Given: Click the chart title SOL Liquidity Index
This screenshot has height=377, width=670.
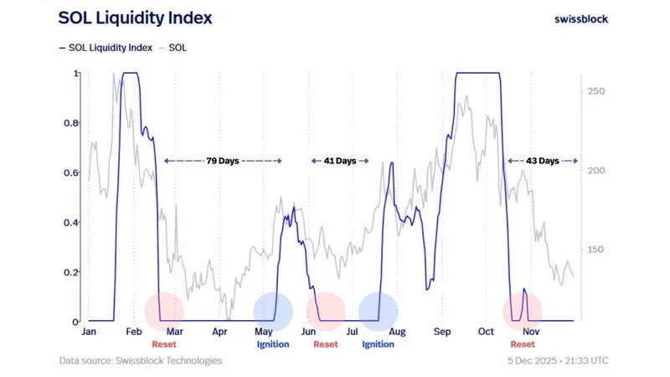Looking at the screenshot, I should tap(135, 17).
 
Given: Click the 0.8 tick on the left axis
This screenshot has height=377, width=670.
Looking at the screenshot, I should tap(74, 123).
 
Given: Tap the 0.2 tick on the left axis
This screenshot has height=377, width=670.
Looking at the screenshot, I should tap(74, 272).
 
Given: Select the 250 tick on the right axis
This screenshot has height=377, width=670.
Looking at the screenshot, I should tap(596, 91).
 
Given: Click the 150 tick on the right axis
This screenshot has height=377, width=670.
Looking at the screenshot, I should tap(596, 250).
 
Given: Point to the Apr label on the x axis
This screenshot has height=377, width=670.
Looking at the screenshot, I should tap(219, 332).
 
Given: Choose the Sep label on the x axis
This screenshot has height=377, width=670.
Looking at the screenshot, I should tap(442, 332).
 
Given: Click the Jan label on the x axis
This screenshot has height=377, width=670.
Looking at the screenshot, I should tap(89, 332).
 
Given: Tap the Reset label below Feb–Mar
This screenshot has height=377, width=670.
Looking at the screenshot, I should tap(164, 344).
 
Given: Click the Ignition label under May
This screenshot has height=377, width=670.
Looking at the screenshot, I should tap(272, 344).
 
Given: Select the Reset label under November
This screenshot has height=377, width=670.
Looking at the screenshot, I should tap(523, 344).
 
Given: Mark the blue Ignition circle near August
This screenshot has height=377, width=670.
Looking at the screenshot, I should tap(379, 311).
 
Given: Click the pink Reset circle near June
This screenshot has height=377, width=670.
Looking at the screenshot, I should tap(326, 311).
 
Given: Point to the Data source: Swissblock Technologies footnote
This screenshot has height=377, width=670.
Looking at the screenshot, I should tap(141, 361).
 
